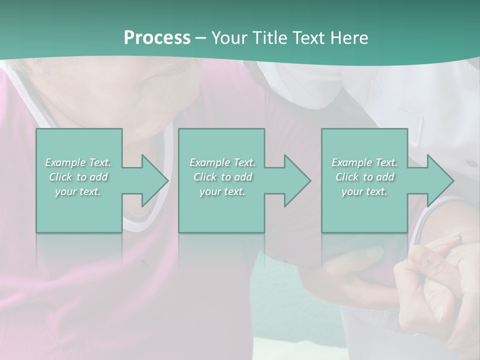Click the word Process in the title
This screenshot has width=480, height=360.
click(157, 38)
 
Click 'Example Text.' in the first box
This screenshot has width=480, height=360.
click(78, 162)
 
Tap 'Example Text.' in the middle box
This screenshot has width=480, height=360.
click(222, 162)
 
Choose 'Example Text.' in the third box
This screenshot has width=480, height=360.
click(364, 162)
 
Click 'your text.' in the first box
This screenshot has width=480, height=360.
click(78, 191)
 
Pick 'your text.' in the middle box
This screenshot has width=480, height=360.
click(222, 191)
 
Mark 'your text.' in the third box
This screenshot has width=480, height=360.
click(364, 191)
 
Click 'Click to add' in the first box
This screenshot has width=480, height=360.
click(78, 177)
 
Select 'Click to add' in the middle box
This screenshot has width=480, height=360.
click(222, 177)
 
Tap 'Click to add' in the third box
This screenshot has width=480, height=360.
click(364, 177)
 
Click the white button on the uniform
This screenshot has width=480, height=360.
click(471, 163)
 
